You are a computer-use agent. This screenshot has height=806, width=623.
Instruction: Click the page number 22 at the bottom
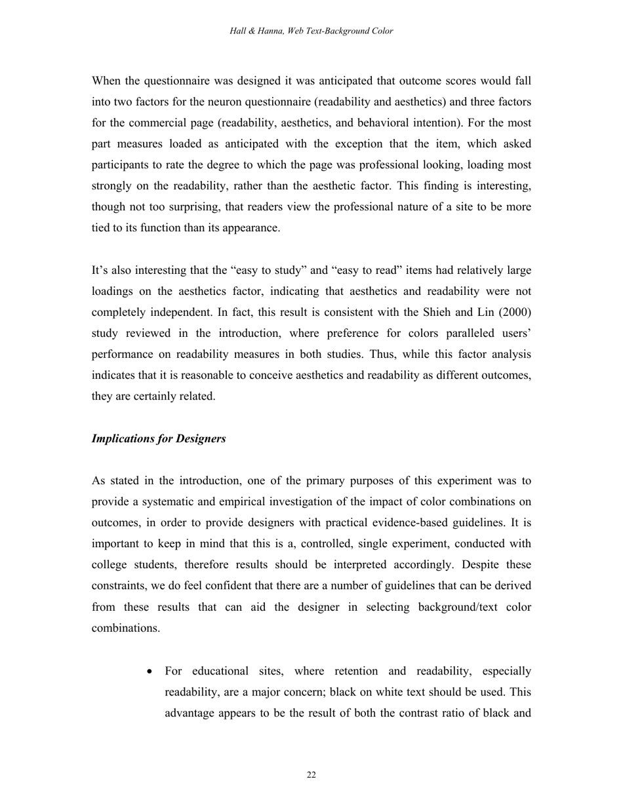(311, 775)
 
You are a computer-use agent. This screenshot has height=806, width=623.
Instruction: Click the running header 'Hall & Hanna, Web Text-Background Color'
(311, 31)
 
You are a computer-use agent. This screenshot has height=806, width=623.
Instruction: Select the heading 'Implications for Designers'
(159, 439)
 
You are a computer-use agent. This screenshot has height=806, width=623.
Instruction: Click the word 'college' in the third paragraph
(112, 565)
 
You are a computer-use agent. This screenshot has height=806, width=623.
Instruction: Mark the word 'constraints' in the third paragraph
(119, 586)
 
